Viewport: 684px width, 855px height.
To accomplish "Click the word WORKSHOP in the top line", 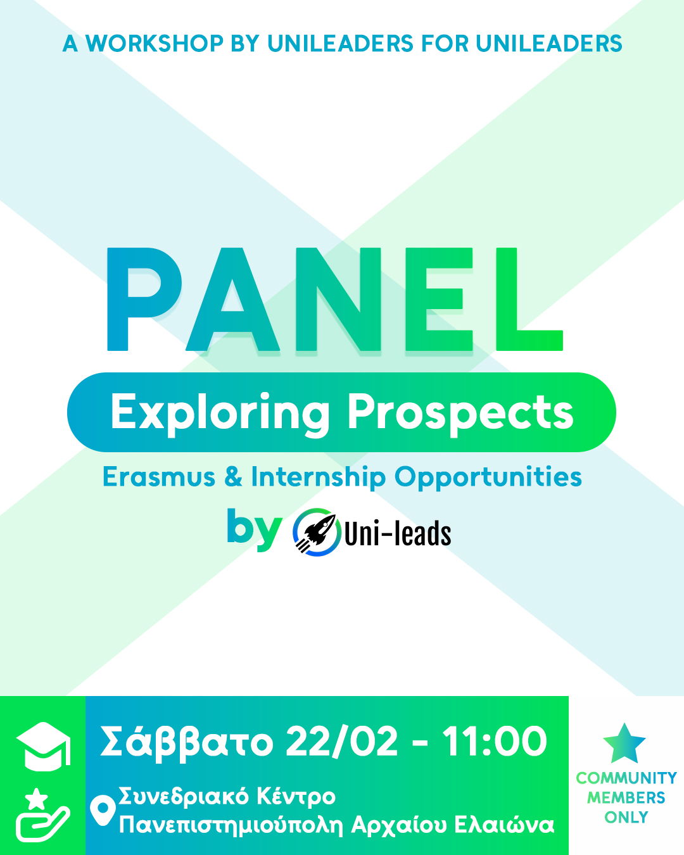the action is tap(154, 43).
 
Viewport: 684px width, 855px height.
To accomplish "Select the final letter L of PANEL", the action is tap(529, 299).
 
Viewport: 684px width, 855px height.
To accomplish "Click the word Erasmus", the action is tap(159, 477).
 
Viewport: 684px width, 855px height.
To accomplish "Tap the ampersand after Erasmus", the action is tap(233, 477).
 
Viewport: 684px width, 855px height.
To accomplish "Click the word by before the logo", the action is tap(255, 529).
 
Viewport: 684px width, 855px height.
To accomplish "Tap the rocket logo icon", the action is tap(317, 532).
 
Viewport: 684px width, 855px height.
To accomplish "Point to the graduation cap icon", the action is tap(44, 747).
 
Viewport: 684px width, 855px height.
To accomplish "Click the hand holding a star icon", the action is tap(42, 814).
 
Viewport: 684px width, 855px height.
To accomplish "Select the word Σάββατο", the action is tap(187, 742).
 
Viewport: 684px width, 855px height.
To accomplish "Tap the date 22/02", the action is tap(342, 742).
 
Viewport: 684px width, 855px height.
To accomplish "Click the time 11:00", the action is tap(495, 742).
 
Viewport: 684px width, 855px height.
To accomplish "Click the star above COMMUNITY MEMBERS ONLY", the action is tap(624, 744).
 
